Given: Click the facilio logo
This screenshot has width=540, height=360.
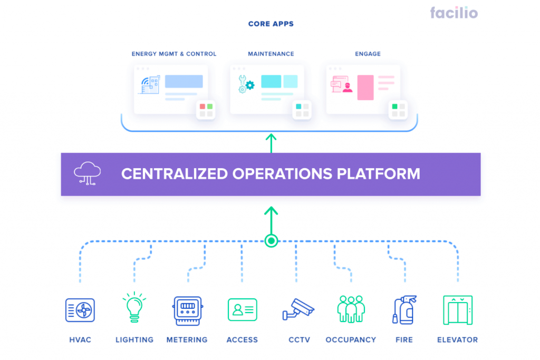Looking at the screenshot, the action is [454, 13].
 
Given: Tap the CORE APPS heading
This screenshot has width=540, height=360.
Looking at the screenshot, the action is [271, 24].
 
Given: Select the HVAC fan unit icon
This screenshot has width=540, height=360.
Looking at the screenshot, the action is [80, 310].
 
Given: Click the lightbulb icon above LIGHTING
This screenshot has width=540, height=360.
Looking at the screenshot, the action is [134, 307].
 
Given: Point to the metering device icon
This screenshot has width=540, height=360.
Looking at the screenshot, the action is [187, 311].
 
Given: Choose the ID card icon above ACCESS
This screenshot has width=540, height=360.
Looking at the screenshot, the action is [243, 310].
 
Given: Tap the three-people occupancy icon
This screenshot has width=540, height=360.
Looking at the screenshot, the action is [351, 309].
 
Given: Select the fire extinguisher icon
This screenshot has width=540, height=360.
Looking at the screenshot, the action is [404, 310].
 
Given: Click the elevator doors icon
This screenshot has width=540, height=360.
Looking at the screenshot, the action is [458, 310].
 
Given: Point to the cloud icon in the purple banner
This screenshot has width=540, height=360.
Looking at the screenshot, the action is [88, 173].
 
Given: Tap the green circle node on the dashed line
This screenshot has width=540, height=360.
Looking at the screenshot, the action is [272, 241].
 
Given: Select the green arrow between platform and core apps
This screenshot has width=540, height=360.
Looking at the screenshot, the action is [271, 143].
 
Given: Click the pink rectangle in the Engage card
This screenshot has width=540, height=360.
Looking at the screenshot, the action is [365, 87].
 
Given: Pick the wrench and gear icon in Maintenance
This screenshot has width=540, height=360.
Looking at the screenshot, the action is [246, 84].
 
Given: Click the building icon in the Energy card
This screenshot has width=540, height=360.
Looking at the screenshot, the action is [150, 85].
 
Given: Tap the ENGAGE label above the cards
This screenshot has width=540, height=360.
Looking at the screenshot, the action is [368, 54].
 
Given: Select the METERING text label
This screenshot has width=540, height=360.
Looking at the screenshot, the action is [187, 340].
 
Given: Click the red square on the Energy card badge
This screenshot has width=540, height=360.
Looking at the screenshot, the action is [202, 106].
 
